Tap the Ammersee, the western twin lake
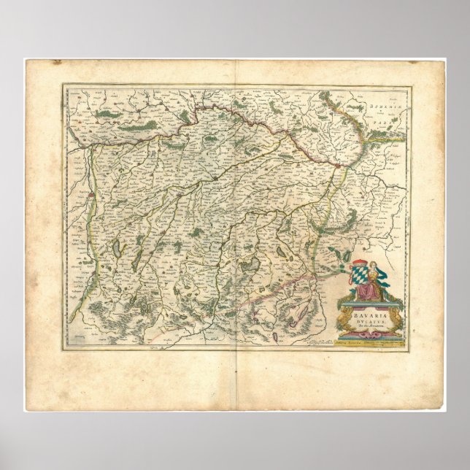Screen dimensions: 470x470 [117, 248]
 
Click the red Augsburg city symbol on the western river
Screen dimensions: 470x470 [90, 195]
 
